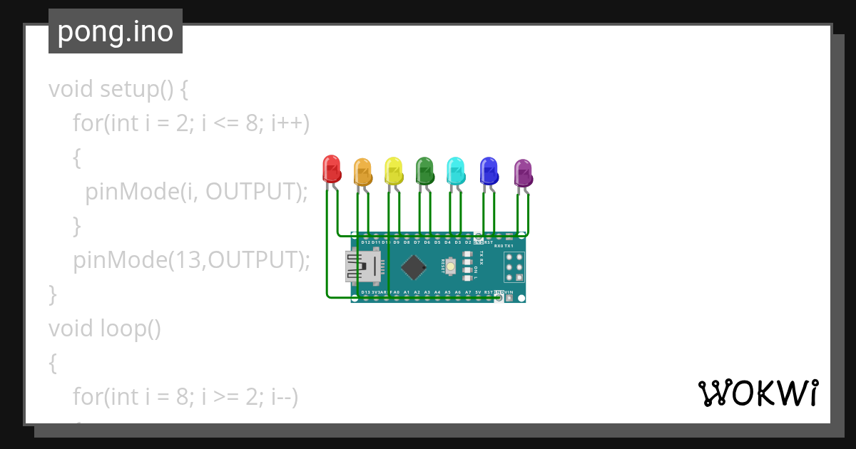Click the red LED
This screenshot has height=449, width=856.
click(x=331, y=169)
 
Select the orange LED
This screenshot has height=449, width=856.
click(x=362, y=172)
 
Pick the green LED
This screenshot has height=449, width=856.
click(x=425, y=171)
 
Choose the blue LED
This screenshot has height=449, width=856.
click(x=489, y=171)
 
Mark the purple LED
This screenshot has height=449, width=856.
click(x=523, y=173)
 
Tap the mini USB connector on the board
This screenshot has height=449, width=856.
click(x=361, y=267)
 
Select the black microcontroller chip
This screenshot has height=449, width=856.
click(x=414, y=267)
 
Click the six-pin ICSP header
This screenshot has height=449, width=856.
click(x=514, y=267)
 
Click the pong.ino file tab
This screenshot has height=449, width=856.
click(x=116, y=31)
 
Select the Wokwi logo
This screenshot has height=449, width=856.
click(x=758, y=393)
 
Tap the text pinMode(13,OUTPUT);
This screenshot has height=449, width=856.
click(x=191, y=260)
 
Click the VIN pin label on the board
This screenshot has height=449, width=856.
click(x=509, y=292)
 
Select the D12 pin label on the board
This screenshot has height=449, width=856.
click(x=365, y=242)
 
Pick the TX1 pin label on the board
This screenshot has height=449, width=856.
click(x=509, y=245)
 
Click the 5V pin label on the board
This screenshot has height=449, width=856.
click(x=478, y=292)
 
